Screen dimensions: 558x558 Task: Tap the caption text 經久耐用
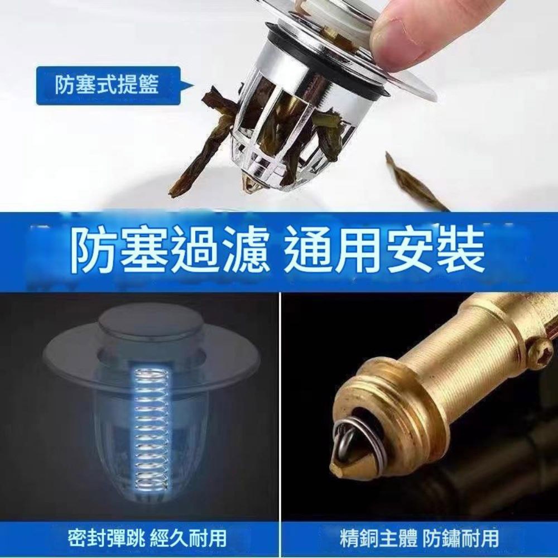[x=189, y=537]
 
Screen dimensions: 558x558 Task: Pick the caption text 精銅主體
[x=379, y=537]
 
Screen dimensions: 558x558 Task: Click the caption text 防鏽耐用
[x=460, y=537]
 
